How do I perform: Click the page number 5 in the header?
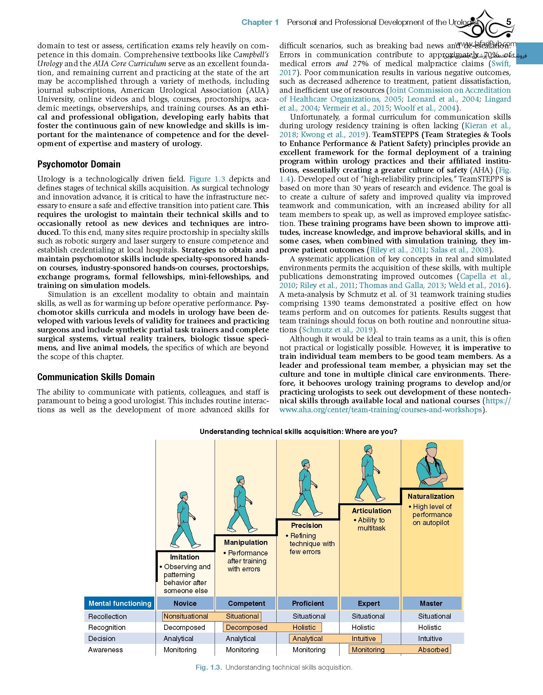[x=509, y=22]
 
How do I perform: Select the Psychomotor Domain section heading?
[x=79, y=164]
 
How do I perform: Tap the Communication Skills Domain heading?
[x=96, y=377]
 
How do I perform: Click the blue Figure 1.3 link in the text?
[x=207, y=179]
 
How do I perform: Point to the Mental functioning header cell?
[x=120, y=603]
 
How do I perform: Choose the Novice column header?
[x=185, y=603]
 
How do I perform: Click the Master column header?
[x=431, y=603]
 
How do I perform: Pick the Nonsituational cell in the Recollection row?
[x=186, y=616]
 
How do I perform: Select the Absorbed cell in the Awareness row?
[x=433, y=650]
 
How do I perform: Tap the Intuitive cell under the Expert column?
[x=363, y=638]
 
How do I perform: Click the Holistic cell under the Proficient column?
[x=304, y=627]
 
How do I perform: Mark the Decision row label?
[x=102, y=638]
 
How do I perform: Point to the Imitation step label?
[x=185, y=557]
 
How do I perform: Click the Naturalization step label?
[x=431, y=496]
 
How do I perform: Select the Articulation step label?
[x=371, y=511]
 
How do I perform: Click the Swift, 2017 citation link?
[x=501, y=64]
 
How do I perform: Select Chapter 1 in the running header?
[x=260, y=22]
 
